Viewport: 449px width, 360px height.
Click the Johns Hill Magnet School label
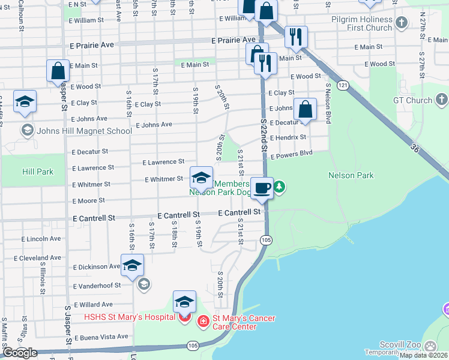84,131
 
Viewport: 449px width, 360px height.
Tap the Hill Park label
38,172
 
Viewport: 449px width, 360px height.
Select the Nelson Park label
351,175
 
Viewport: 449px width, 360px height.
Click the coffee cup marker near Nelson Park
262,188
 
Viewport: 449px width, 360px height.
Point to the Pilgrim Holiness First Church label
361,24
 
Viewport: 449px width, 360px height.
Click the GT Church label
412,100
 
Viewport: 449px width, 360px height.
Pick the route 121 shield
342,85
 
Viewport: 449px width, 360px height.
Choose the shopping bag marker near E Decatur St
305,110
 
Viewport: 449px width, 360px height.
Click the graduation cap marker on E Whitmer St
201,178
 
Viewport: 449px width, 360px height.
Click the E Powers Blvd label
292,154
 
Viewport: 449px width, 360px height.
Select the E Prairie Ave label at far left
91,45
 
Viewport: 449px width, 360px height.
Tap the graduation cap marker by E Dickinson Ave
132,265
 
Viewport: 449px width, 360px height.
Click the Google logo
20,353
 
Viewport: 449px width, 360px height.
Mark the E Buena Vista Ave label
101,337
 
